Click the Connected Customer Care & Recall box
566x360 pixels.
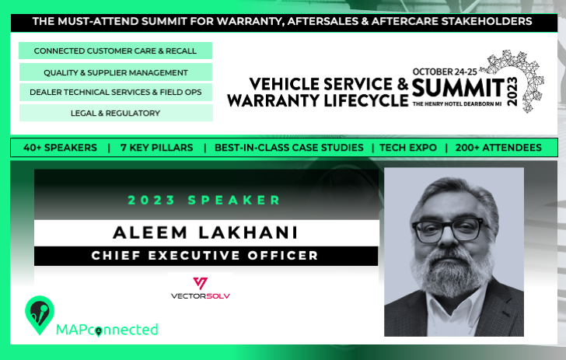pyautogui.click(x=115, y=51)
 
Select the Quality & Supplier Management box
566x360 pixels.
pyautogui.click(x=116, y=72)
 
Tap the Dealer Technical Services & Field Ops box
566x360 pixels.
pyautogui.click(x=116, y=92)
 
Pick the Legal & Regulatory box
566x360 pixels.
pyautogui.click(x=116, y=113)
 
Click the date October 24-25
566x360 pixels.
pyautogui.click(x=445, y=72)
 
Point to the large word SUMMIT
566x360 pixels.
pyautogui.click(x=458, y=88)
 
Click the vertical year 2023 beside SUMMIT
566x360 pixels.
pyautogui.click(x=512, y=92)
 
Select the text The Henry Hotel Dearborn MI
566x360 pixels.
pyautogui.click(x=457, y=104)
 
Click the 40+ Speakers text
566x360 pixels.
pyautogui.click(x=60, y=147)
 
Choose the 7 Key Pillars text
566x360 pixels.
pyautogui.click(x=157, y=147)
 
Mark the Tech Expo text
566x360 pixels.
pyautogui.click(x=408, y=147)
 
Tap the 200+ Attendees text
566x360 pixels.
pyautogui.click(x=498, y=147)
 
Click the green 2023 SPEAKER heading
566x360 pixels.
pyautogui.click(x=204, y=200)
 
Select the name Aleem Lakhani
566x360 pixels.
pyautogui.click(x=205, y=232)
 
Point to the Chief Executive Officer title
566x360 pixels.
pyautogui.click(x=204, y=256)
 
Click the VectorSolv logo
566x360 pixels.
pyautogui.click(x=201, y=288)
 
